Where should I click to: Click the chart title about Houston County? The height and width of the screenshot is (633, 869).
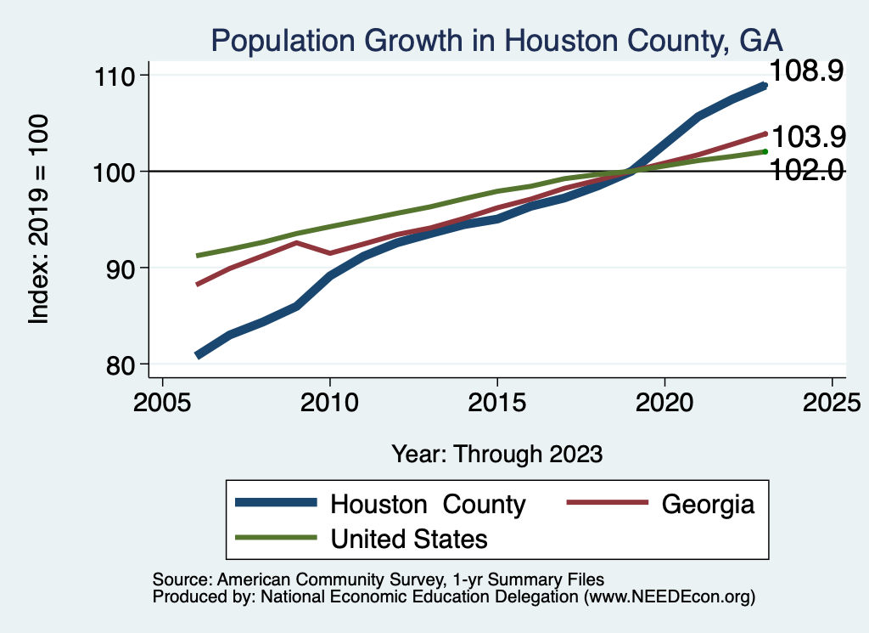pos(496,40)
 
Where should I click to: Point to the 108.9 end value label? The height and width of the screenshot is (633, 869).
pos(805,71)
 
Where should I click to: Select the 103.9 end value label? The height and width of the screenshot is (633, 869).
pos(805,135)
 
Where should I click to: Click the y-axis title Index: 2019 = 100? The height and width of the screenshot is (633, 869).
pos(38,219)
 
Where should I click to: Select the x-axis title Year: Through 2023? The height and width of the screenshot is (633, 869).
pos(496,454)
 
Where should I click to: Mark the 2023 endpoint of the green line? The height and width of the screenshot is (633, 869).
pos(765,151)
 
